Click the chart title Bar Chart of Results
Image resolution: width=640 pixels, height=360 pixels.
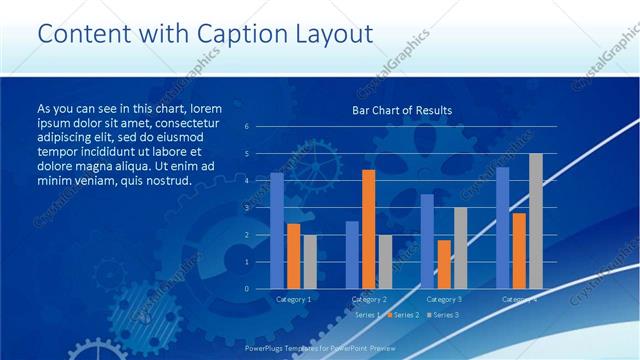pos(401,110)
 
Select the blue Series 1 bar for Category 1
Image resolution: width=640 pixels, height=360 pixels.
pos(277,231)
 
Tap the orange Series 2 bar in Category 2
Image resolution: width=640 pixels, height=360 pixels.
pos(368,229)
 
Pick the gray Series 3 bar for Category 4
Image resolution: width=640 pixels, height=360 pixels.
pos(535,221)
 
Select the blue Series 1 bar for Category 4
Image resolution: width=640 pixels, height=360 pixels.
pos(502,228)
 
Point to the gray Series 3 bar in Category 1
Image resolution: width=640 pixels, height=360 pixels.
pos(309,262)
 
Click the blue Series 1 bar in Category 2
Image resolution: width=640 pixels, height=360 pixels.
pos(352,255)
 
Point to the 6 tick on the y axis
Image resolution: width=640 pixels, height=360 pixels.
pos(247,127)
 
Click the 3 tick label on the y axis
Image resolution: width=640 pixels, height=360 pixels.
pos(247,208)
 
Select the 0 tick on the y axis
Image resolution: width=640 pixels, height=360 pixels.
pos(247,289)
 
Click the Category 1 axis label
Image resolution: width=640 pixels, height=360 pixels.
pos(293,299)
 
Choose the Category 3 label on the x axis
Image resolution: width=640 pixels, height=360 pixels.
pos(444,299)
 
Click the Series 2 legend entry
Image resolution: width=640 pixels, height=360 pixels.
pos(404,315)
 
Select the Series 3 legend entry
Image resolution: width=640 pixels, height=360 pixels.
pos(443,315)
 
